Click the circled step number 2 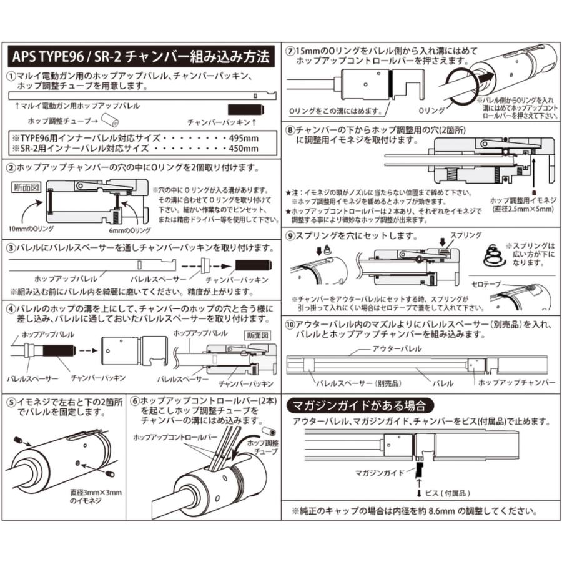click(11, 169)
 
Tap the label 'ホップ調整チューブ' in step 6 click(260, 446)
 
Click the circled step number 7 click(290, 51)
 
